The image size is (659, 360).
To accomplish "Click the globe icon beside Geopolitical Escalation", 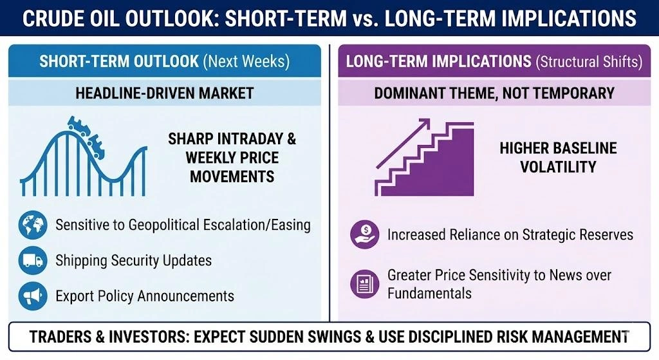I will coord(32,225).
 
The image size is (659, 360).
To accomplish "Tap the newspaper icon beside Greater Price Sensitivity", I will coord(364,283).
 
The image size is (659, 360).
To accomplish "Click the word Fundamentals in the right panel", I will coord(429,293).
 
